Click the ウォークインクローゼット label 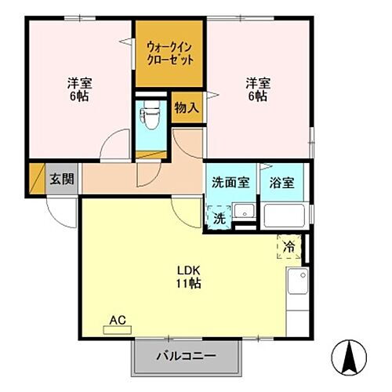coord(169,53)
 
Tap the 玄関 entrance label coord(63,178)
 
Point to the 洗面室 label coord(231,183)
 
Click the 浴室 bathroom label coord(283,183)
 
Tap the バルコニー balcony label coord(186,354)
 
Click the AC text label coord(118,320)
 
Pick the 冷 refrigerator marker coord(289,247)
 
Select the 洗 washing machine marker coord(220,218)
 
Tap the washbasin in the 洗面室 coord(245,212)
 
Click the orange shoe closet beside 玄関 coord(36,179)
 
